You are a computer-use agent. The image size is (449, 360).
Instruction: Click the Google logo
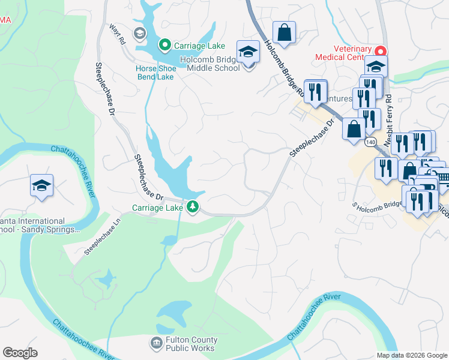click(x=20, y=353)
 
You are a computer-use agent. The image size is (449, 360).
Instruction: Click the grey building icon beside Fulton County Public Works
click(x=156, y=343)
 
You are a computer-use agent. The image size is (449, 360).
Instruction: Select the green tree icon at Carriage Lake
click(x=193, y=208)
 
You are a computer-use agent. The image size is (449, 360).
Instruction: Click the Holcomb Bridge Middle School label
click(x=213, y=64)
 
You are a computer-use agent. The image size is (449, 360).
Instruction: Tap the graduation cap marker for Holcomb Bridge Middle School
click(x=248, y=52)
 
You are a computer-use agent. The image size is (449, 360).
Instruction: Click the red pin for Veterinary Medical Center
click(x=379, y=50)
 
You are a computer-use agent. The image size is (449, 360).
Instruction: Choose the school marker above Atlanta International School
click(x=41, y=186)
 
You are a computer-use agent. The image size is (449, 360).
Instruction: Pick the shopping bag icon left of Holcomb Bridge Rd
click(x=285, y=32)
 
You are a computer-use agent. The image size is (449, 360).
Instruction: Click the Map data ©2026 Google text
click(x=411, y=355)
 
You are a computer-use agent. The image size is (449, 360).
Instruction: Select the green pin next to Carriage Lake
click(x=163, y=45)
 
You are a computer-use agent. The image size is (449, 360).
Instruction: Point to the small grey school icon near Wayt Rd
click(x=140, y=33)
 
